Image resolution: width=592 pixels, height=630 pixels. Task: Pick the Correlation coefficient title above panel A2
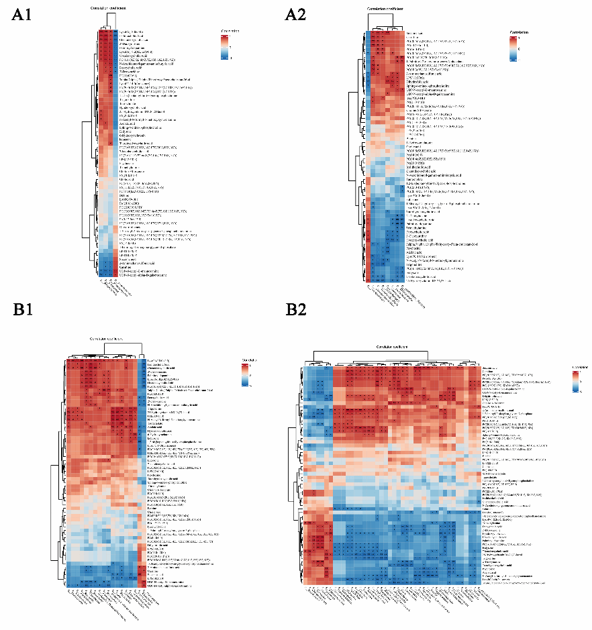pyautogui.click(x=386, y=8)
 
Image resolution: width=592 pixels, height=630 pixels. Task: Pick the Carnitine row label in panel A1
pyautogui.click(x=125, y=268)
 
